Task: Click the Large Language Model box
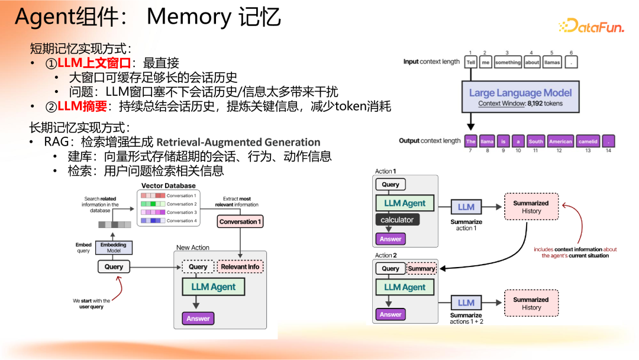[x=521, y=97]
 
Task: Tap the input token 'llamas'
[x=551, y=62]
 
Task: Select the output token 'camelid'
[x=588, y=142]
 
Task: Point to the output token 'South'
[x=536, y=142]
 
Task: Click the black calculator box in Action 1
[x=397, y=220]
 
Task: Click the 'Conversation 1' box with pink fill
[x=240, y=221]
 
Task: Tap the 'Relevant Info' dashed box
[x=240, y=267]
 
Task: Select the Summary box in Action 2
[x=421, y=268]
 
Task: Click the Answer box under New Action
[x=198, y=319]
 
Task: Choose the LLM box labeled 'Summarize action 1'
[x=466, y=207]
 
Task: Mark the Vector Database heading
[x=168, y=186]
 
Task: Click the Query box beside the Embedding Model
[x=114, y=267]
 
